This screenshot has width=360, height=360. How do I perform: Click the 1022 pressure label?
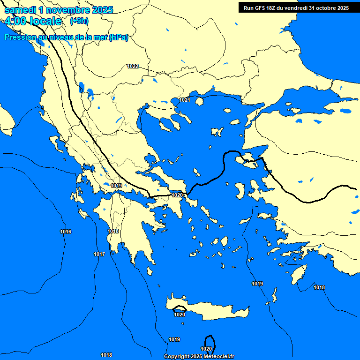point(133,66)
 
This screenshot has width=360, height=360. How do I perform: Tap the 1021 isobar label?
point(185,100)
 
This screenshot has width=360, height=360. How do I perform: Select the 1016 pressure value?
point(66,232)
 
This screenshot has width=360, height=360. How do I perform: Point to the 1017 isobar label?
point(99,254)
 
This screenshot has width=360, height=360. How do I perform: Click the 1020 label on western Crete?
point(180,315)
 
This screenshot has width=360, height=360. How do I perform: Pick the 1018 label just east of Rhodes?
point(319,287)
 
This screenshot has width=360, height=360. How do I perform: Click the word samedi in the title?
point(21,10)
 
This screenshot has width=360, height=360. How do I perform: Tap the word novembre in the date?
point(68,10)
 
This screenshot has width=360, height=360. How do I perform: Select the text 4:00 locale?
point(34,21)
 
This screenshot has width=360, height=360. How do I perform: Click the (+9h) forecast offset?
point(78,21)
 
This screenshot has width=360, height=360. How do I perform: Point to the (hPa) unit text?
point(118,37)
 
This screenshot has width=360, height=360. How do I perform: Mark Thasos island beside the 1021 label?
point(199,101)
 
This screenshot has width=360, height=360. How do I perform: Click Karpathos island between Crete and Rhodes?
point(275,295)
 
